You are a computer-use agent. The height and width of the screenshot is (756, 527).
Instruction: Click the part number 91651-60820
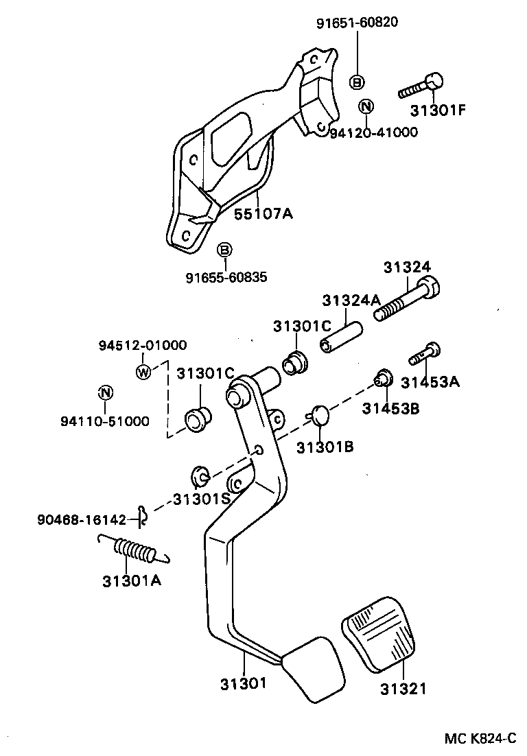tap(357, 23)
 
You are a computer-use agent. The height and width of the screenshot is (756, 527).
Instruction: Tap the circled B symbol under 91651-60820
tap(358, 82)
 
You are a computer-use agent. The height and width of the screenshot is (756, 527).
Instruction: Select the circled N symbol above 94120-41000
tap(366, 106)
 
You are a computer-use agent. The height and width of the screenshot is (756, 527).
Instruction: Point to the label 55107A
tap(263, 213)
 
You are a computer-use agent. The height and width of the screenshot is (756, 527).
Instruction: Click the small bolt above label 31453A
tap(425, 354)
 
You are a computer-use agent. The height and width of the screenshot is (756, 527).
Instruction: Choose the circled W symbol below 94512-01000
tap(143, 373)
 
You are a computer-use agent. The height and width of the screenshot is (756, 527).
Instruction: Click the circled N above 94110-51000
tap(104, 393)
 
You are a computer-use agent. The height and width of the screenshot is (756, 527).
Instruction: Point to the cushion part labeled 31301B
tap(320, 414)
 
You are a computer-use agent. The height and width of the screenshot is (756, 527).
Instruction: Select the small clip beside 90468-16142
tap(142, 515)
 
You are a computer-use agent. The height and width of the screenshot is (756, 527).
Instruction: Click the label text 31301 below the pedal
tap(244, 683)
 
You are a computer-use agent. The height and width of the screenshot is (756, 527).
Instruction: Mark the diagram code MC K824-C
tap(480, 738)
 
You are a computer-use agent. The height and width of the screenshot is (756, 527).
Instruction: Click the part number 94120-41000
tap(373, 132)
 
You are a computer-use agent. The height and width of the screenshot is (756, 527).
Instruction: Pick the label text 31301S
tap(201, 499)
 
